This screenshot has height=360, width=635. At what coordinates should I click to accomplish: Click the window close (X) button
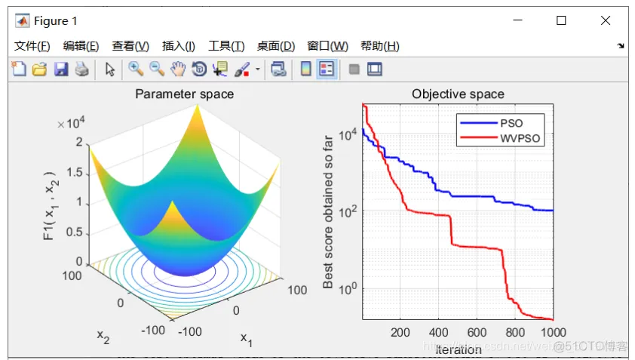[606, 21]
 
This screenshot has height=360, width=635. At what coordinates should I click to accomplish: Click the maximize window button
[561, 21]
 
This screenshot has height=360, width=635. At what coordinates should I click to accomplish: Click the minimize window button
[517, 21]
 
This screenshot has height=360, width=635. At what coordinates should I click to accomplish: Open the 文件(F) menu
[32, 46]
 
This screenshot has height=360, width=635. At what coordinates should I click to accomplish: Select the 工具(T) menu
[226, 46]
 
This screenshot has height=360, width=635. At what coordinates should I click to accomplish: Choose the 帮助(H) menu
[379, 46]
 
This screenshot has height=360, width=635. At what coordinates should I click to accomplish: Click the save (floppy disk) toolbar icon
[61, 69]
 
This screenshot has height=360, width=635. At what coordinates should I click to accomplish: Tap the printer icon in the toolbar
[81, 69]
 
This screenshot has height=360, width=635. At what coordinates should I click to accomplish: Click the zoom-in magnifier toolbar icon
[136, 69]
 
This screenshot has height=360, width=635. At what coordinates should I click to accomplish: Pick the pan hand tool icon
[178, 69]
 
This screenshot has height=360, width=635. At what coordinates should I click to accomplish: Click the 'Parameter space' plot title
[184, 94]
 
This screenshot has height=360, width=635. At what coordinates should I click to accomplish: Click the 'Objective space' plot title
[458, 94]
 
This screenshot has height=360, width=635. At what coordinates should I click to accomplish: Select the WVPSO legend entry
[520, 139]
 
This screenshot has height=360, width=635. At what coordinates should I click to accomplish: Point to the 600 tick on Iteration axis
[477, 332]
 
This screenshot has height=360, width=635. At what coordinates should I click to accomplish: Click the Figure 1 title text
[55, 21]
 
